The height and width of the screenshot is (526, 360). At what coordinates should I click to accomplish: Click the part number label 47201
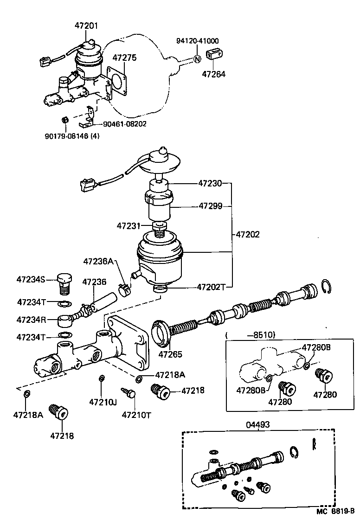(x=86, y=26)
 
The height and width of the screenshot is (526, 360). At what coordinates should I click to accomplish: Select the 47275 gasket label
(x=125, y=58)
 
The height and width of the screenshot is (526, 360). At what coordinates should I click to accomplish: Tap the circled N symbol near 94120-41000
(x=197, y=59)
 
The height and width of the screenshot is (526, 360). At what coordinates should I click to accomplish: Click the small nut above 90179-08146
(x=65, y=120)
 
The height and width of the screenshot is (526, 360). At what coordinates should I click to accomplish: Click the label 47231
(x=129, y=226)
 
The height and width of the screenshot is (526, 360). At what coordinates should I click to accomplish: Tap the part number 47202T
(x=211, y=287)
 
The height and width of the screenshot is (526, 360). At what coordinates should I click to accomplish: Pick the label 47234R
(x=31, y=320)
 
